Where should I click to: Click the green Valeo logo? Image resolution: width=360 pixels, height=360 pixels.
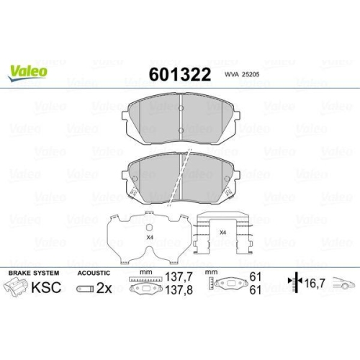28,71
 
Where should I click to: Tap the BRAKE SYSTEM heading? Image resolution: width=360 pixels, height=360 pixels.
35,274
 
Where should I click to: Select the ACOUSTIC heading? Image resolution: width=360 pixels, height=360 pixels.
93,274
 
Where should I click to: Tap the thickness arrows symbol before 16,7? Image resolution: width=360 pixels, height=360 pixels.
292,284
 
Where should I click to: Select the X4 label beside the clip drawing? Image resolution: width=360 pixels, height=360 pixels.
223,232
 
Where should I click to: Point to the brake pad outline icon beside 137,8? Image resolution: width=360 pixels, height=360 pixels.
146,290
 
